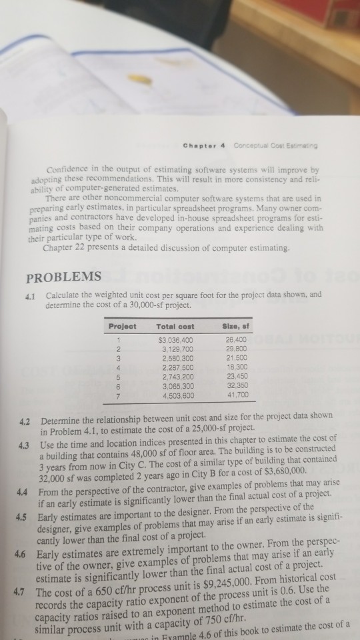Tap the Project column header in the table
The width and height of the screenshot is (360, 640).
123,326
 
